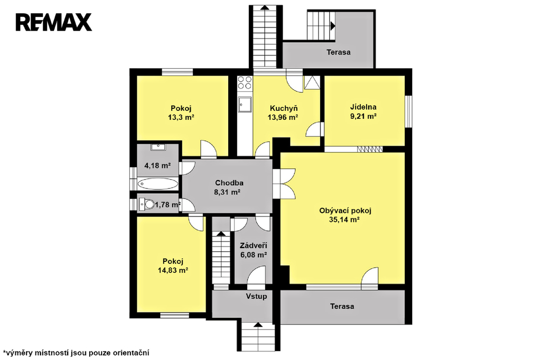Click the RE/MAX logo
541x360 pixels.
coord(54,22)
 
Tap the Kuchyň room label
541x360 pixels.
coord(284,108)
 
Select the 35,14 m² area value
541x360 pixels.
coord(344,220)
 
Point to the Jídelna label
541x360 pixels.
coord(363,107)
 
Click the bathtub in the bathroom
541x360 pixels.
coord(158,184)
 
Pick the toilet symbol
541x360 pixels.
coord(147,204)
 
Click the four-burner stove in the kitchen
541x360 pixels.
coord(245,83)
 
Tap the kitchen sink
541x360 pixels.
coord(245,105)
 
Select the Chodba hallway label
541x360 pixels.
coord(229,183)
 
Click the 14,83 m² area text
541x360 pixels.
coord(173,270)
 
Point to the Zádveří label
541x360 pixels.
coord(254,246)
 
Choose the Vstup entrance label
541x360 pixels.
coord(256,296)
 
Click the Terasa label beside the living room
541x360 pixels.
coord(342,306)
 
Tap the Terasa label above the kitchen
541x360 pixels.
coord(339,52)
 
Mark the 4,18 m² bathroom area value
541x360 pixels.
coord(157,166)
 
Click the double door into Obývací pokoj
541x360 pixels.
coord(284,182)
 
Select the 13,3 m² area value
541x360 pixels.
coord(181,117)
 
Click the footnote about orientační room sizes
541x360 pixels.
coord(76,353)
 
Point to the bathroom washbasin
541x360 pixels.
coord(158,147)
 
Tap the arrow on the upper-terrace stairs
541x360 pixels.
coord(333,25)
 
